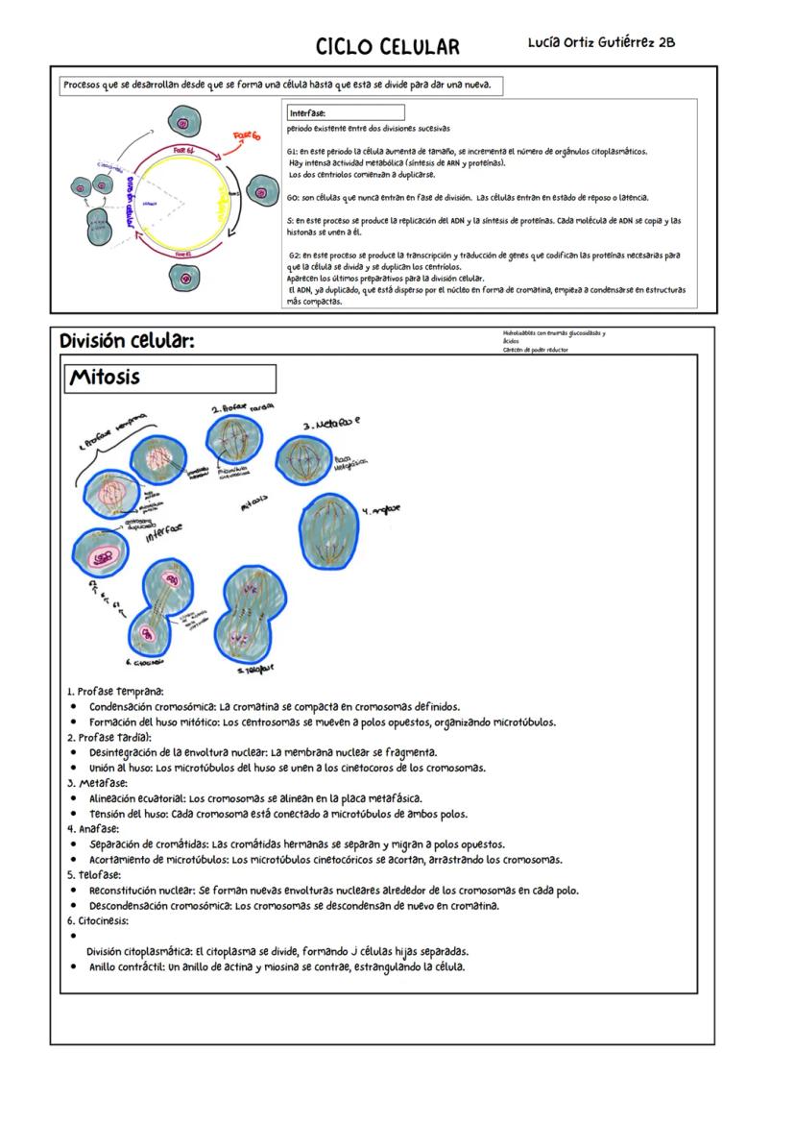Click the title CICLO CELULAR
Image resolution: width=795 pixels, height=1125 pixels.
click(x=388, y=47)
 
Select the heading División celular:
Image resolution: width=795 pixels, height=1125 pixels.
click(x=126, y=341)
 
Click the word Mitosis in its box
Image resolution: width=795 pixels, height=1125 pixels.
click(x=104, y=378)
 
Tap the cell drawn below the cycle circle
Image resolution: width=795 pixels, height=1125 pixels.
click(x=184, y=278)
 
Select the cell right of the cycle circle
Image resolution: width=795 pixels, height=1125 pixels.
click(x=261, y=192)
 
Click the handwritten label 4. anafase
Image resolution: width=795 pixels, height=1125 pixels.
click(x=382, y=509)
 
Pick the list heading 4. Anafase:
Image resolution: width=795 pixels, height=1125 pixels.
click(x=93, y=828)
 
